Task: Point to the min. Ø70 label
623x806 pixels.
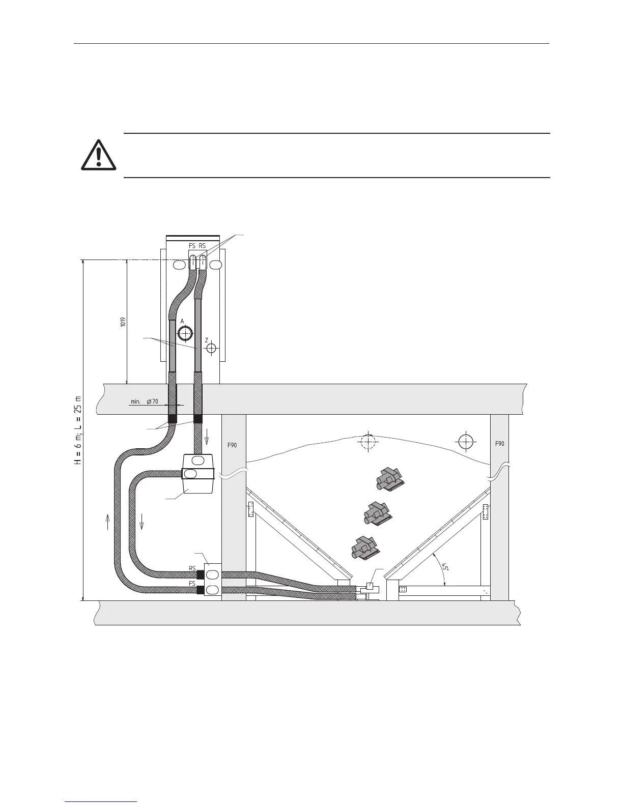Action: (145, 401)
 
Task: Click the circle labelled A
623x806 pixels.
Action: (185, 333)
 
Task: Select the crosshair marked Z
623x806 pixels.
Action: (212, 349)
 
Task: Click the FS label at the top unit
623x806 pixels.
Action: (192, 246)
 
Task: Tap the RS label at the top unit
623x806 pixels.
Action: (202, 246)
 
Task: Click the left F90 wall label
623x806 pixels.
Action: (232, 445)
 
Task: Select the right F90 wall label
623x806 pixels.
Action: (500, 444)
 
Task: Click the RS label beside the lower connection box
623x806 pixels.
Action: (192, 568)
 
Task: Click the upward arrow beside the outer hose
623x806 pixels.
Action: (108, 521)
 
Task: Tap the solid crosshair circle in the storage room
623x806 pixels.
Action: (465, 441)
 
